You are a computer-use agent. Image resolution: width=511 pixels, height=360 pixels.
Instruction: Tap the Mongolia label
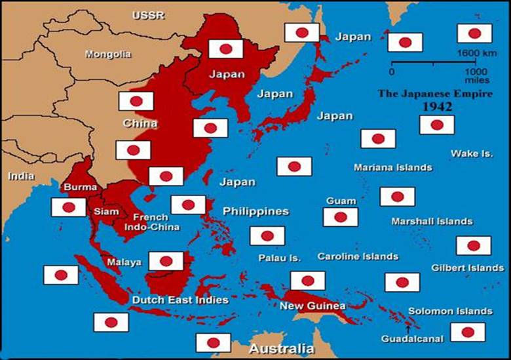coord(107,54)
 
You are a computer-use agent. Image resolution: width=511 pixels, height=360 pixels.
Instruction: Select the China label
coord(140,123)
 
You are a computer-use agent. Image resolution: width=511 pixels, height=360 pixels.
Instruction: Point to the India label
coord(21,176)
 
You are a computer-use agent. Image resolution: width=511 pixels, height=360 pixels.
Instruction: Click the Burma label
coord(81,187)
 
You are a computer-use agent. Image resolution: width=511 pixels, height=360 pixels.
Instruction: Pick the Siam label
coord(106,212)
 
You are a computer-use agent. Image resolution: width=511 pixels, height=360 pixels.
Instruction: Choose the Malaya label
coord(124,262)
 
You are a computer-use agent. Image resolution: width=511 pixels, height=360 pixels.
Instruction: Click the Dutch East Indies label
coord(180,300)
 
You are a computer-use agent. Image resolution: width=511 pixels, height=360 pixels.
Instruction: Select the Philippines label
coord(255,211)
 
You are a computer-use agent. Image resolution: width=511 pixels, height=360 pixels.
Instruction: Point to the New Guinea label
coord(312,306)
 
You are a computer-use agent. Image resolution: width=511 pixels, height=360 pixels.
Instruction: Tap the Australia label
coord(280,348)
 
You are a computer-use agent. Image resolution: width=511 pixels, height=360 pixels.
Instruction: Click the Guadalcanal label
coord(413,338)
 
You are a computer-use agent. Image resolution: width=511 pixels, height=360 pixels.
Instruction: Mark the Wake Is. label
coord(471,153)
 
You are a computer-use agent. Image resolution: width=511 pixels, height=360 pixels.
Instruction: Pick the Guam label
coord(341,201)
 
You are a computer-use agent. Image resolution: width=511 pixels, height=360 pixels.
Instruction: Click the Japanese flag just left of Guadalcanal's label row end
coord(468,332)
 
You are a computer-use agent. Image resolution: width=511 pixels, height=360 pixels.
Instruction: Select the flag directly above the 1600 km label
coord(474,33)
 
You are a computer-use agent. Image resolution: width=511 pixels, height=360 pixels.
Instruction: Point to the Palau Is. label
coord(279,258)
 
